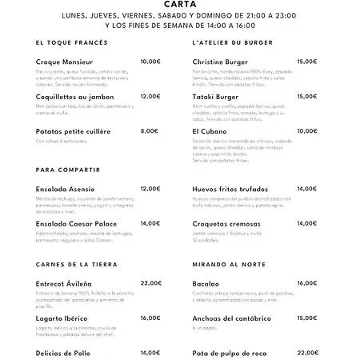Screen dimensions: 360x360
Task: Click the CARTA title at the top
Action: coord(180,3)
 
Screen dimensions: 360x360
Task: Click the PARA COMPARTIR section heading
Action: coord(68,170)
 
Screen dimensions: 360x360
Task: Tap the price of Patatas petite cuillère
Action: coord(149,130)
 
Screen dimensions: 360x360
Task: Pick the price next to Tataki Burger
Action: coord(307,96)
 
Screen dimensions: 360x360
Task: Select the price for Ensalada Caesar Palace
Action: coord(150,223)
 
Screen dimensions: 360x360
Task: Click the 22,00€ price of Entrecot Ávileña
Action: coord(150,283)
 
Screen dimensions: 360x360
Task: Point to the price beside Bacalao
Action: coord(307,283)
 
